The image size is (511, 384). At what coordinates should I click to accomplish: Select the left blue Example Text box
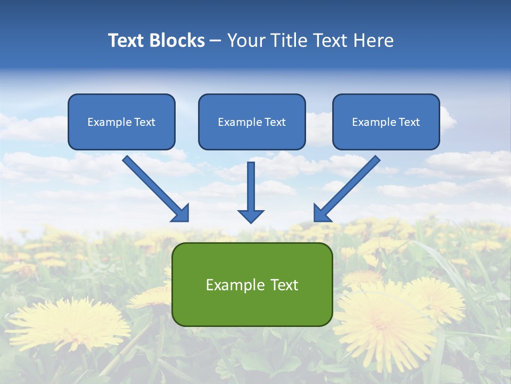tap(121, 122)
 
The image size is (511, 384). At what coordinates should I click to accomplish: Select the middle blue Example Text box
tap(252, 122)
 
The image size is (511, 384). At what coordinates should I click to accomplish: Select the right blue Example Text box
tap(386, 122)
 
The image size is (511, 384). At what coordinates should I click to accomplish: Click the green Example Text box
tap(252, 284)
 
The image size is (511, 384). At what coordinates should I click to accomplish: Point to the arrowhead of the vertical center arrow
tap(251, 216)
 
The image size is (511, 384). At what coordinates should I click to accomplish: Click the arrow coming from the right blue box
tap(348, 187)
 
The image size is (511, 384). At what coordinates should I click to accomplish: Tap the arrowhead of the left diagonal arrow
tap(181, 213)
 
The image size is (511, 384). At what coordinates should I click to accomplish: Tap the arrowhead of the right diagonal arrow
tap(322, 213)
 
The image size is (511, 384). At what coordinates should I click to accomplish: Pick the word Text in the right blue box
tap(409, 122)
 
